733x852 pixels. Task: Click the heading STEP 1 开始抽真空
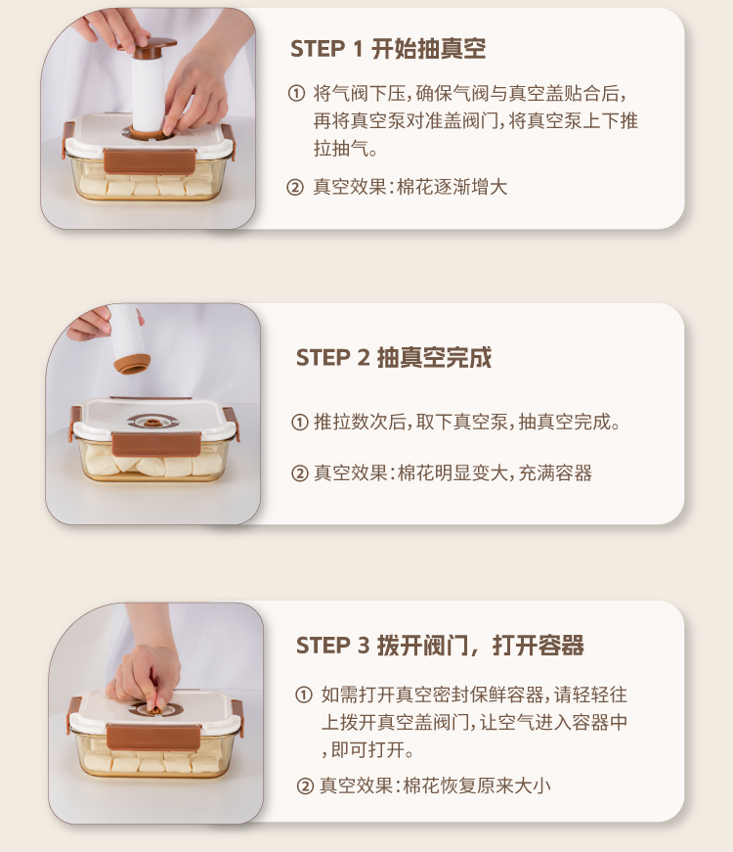(388, 49)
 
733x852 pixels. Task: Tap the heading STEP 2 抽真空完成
(394, 358)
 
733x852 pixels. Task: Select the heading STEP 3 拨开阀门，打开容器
(440, 646)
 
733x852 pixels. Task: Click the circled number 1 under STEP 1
(296, 94)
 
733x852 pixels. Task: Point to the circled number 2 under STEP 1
(295, 188)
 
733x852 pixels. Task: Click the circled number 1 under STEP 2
(300, 423)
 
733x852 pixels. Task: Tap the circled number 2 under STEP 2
(300, 473)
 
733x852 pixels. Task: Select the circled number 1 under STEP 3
(304, 695)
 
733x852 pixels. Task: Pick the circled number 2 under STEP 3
(305, 786)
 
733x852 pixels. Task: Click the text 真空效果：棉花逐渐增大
(410, 188)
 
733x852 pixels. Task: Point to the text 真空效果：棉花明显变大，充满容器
(453, 473)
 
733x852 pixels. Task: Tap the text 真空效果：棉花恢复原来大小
(435, 786)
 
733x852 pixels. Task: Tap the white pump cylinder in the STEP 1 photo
(148, 92)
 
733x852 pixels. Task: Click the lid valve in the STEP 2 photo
(152, 422)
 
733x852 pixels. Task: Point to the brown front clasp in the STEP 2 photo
(156, 444)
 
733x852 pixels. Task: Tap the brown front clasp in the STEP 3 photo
(153, 738)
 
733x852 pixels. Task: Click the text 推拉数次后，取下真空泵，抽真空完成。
(467, 423)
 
